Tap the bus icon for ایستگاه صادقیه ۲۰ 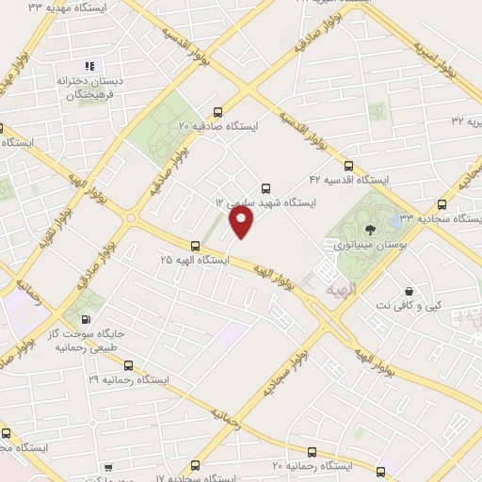(x=219, y=109)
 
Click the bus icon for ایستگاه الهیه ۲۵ (x=195, y=245)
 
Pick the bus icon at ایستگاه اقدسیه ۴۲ (x=349, y=165)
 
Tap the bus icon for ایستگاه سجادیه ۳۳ (x=442, y=203)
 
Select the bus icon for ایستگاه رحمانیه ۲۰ (x=381, y=471)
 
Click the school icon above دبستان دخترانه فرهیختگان (x=90, y=66)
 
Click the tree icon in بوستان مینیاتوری (x=371, y=228)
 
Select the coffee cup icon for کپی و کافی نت (x=409, y=292)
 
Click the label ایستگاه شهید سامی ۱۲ (x=265, y=202)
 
